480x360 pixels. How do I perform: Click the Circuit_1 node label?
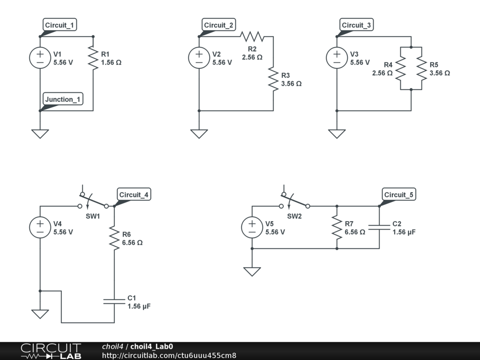coord(60,25)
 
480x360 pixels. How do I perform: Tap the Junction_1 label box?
coord(63,99)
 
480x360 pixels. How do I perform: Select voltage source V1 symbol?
coord(40,58)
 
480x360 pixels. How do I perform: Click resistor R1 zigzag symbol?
coord(93,58)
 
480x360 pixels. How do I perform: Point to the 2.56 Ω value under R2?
coord(252,57)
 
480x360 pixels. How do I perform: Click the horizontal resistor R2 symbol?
coord(252,37)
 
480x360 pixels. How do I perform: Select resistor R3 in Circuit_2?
coord(273,79)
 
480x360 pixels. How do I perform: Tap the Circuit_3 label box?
coord(356,25)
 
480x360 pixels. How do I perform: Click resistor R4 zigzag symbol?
coord(401,68)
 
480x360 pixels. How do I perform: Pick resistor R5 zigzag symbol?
coord(422,68)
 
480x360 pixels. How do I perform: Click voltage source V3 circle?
coord(337,58)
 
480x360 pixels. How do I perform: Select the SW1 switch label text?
coord(93,216)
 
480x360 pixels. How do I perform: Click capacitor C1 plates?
coord(114,301)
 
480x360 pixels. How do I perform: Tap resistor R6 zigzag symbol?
coord(114,238)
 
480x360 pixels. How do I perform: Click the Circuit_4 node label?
coord(134,195)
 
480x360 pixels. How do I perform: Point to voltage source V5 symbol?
coord(252,227)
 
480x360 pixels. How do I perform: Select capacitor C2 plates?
coord(379,227)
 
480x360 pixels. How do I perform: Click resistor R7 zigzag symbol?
coord(337,227)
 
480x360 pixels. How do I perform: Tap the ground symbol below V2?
coord(199,134)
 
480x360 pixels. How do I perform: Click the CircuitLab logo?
coord(51,351)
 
